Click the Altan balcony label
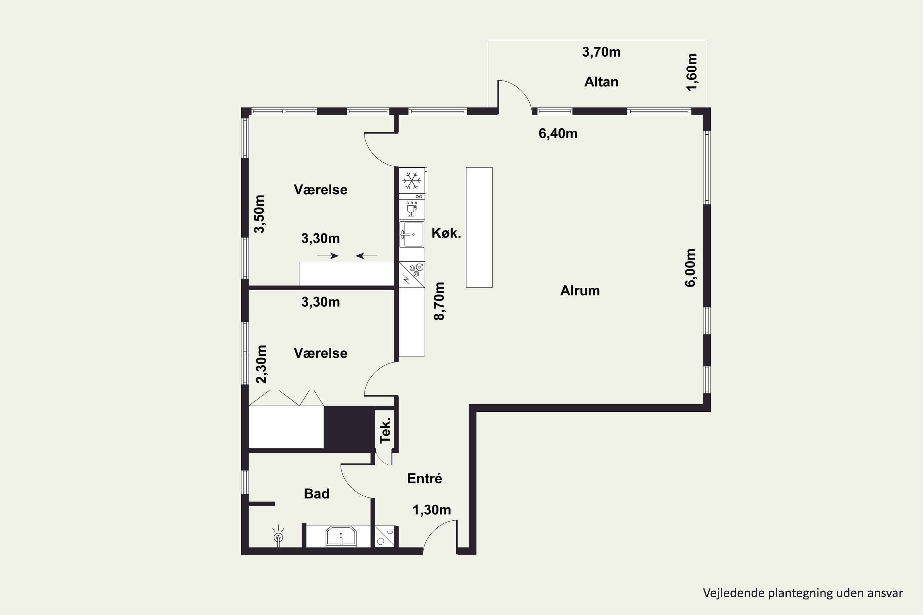601,82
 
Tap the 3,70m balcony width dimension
601,52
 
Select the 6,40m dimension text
557,134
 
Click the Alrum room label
580,291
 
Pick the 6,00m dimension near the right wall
690,268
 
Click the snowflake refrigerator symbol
412,181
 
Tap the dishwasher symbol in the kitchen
411,209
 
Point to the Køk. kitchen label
446,233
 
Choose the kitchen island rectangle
479,228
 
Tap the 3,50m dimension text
259,214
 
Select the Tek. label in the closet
386,430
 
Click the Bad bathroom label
317,494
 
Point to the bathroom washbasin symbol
341,537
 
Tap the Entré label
425,478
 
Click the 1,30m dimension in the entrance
432,510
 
